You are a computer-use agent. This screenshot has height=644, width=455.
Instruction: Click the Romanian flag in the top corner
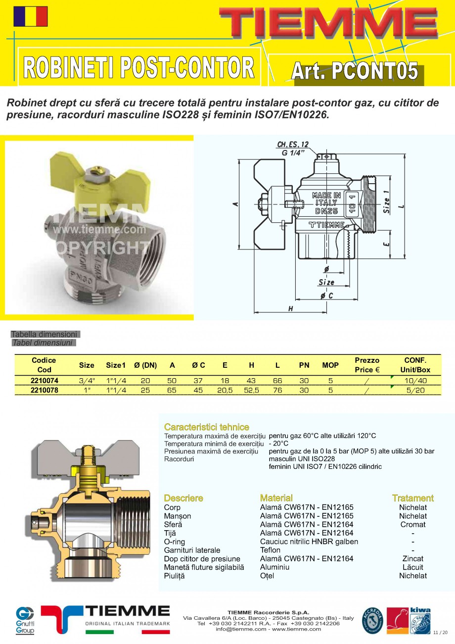coord(31,16)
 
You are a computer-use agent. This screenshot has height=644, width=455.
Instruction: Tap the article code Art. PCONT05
coord(354,71)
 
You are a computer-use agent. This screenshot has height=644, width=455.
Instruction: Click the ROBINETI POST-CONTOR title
coord(139,67)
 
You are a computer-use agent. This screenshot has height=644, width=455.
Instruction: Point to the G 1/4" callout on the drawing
coord(292,153)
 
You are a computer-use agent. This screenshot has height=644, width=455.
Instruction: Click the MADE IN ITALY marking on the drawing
coord(326,199)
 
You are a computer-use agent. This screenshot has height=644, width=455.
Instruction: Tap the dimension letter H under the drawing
coord(291,309)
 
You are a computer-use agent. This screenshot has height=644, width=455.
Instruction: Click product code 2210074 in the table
coord(45,380)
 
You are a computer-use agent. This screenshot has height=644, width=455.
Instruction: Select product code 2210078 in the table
coord(45,390)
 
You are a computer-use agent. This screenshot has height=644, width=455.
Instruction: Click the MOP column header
coord(330,365)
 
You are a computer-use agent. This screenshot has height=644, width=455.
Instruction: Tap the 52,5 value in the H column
coord(251,390)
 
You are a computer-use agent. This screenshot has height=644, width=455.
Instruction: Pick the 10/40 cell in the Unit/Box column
coord(415,380)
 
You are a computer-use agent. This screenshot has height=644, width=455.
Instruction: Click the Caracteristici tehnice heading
coord(206,427)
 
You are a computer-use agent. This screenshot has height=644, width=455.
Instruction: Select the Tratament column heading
coord(412,498)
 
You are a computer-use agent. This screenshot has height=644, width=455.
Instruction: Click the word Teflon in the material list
coord(270,550)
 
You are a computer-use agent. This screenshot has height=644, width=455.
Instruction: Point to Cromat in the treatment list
coord(412,524)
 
